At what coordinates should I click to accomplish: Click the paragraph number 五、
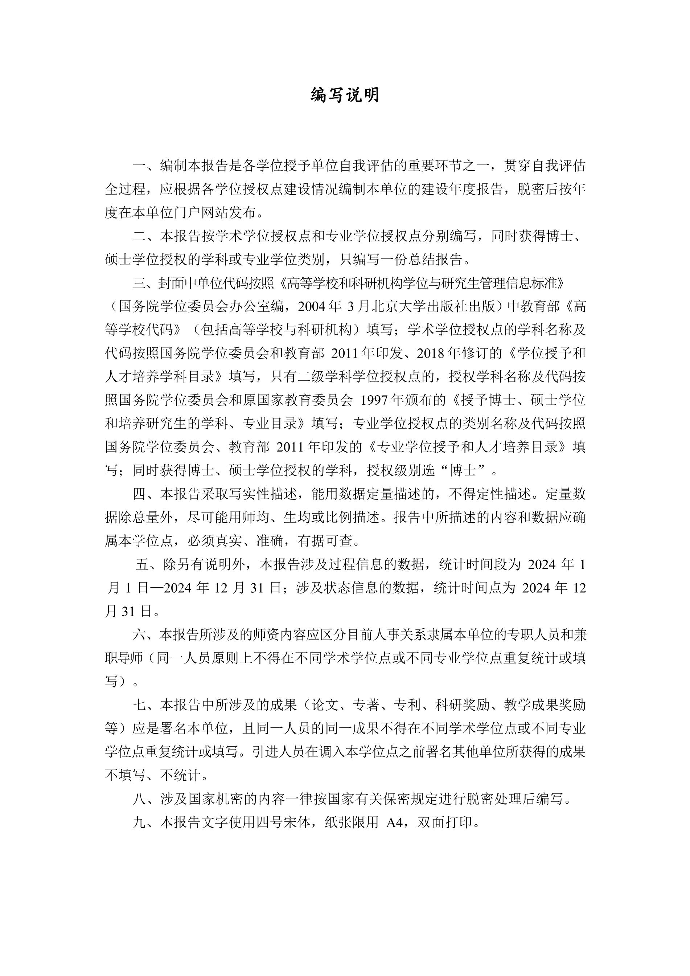coord(149,564)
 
